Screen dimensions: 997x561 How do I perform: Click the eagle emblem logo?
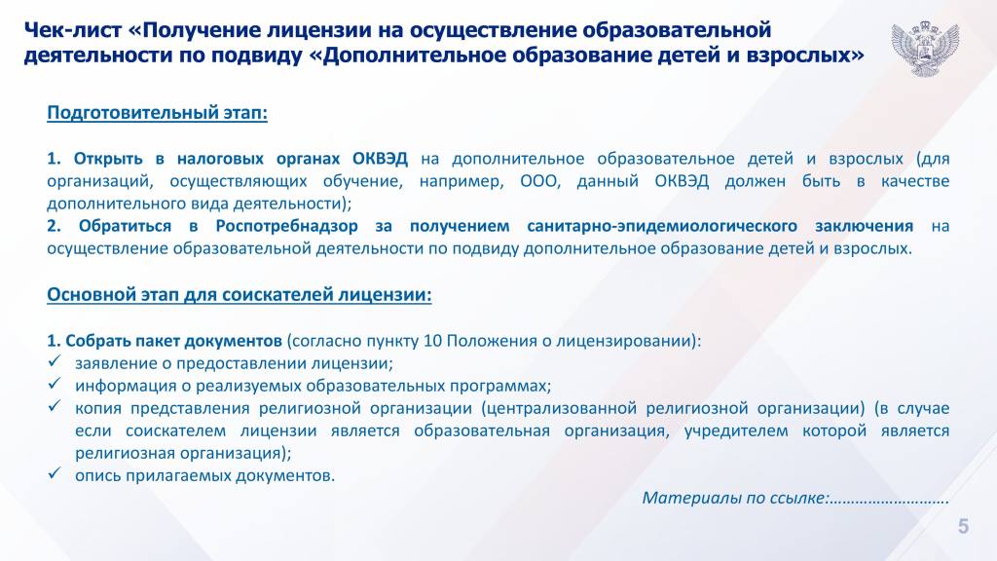point(925,48)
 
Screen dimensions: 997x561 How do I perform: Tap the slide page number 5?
point(963,527)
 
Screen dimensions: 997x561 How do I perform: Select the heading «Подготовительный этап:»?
point(157,113)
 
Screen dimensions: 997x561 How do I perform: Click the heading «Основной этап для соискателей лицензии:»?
point(240,295)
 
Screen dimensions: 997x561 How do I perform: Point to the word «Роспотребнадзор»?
point(287,226)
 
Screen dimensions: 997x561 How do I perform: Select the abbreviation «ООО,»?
point(540,181)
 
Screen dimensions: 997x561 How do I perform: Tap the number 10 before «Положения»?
point(432,341)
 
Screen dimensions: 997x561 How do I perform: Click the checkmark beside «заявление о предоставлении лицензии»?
point(55,361)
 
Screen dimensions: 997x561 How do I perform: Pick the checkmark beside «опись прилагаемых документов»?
point(55,473)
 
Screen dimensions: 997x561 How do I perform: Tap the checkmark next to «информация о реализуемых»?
point(55,384)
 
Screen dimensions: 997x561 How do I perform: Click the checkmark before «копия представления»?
point(55,406)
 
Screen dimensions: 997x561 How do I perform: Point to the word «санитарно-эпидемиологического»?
point(662,226)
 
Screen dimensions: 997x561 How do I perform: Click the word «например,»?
point(462,182)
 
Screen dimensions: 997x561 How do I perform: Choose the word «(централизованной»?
point(559,408)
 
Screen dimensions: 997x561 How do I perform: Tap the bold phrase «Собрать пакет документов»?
point(173,342)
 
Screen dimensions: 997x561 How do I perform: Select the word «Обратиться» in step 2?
point(126,226)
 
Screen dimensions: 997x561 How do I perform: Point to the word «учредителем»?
point(736,431)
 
